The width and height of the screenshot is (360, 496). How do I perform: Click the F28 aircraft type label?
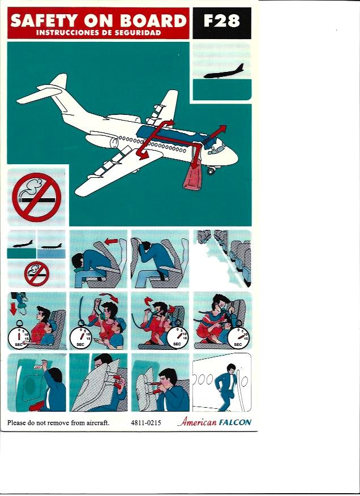221,21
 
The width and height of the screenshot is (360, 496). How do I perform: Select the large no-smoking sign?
36,197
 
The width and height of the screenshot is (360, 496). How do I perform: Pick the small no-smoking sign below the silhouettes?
37,273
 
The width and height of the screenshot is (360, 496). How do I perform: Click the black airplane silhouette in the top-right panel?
224,72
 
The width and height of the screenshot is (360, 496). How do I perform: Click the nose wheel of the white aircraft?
211,171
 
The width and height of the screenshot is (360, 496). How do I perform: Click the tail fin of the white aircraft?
58,81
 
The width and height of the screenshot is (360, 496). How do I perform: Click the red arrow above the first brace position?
111,242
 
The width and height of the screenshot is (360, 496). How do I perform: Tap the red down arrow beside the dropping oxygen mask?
13,309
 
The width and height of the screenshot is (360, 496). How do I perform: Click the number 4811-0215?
146,422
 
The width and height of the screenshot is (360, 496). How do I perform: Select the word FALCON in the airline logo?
235,422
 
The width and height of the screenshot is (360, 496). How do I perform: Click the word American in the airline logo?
197,421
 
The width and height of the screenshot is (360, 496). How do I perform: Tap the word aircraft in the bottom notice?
97,422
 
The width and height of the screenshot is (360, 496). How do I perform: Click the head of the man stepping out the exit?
232,368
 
